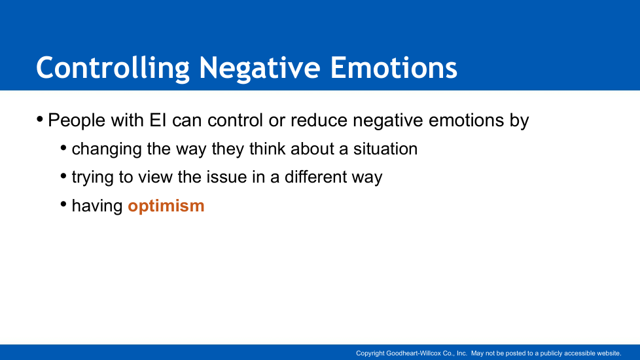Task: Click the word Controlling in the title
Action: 113,68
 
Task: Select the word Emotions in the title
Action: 393,67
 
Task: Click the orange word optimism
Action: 166,206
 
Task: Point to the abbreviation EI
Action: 158,120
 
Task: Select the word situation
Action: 385,149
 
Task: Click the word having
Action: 97,206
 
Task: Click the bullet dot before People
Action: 40,120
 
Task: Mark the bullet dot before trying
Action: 63,176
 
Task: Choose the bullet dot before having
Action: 63,204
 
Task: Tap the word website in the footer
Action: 609,353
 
